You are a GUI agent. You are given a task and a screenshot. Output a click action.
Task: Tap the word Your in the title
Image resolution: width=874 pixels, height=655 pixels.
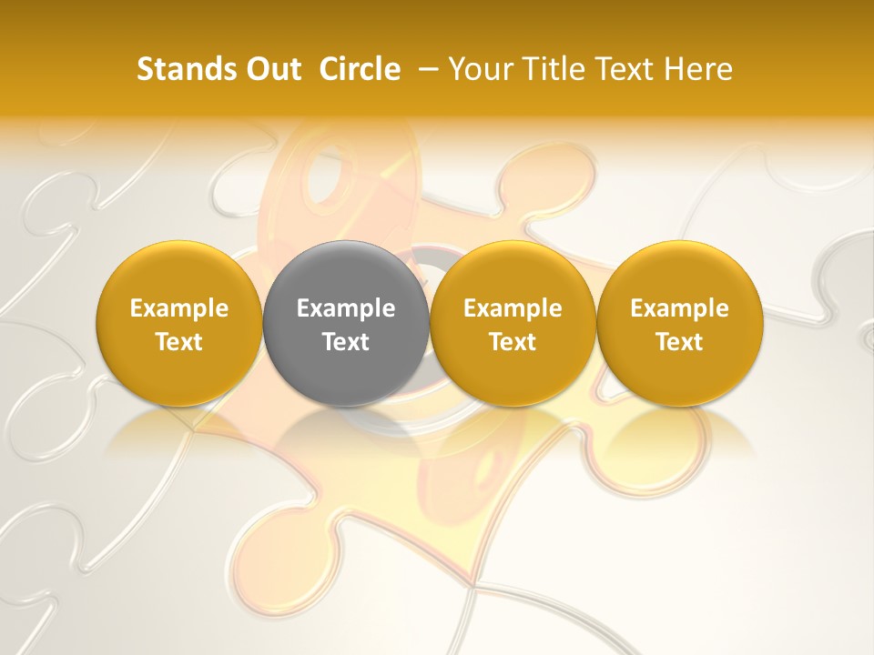(479, 69)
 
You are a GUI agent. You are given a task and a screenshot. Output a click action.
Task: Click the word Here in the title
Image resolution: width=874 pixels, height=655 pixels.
(700, 69)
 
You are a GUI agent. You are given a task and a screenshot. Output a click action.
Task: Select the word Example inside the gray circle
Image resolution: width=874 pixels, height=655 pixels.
(346, 308)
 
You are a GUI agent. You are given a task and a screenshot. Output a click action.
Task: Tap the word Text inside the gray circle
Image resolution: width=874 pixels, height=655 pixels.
(346, 342)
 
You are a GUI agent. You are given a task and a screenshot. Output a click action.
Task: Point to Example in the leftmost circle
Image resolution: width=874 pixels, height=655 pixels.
(179, 308)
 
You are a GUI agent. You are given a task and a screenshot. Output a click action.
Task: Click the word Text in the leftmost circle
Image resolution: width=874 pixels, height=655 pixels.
(179, 342)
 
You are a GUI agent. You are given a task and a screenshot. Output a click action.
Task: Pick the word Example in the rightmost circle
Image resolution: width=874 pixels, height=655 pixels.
(680, 308)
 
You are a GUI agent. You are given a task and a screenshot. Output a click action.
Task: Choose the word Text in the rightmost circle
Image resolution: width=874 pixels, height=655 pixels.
(680, 342)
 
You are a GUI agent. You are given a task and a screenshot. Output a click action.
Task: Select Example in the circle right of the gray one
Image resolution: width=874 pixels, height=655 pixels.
(513, 308)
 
